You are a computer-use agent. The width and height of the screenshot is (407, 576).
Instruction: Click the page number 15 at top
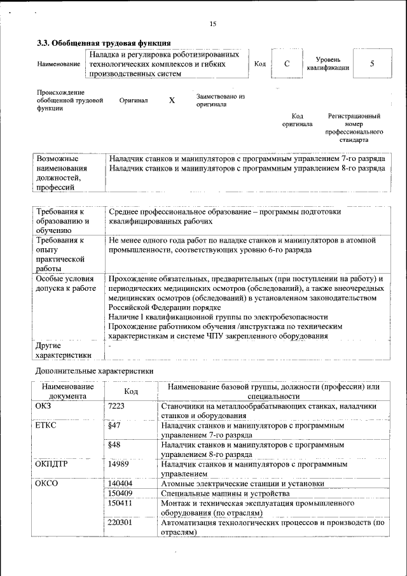point(212,24)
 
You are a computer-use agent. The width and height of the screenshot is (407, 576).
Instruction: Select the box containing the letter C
point(287,64)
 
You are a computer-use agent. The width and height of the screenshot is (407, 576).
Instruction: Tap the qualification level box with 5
point(371,64)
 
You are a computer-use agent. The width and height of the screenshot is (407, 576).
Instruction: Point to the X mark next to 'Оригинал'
point(172,101)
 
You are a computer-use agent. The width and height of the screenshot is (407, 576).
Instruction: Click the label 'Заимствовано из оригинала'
point(220,100)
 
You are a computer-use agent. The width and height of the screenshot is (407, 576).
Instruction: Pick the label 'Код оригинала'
point(297,120)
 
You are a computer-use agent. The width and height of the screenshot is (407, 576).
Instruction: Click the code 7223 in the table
point(116,406)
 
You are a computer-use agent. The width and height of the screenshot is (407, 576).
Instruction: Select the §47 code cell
point(114,425)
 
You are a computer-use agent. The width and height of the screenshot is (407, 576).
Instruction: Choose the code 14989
point(118,464)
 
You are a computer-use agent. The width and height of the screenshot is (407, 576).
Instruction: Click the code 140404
point(120,484)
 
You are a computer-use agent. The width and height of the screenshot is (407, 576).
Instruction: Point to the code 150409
point(120,493)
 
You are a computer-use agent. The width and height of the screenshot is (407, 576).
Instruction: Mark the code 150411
point(120,503)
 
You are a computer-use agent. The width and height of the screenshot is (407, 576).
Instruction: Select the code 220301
point(120,523)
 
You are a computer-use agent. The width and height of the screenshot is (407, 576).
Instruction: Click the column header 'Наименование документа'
point(67,391)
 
